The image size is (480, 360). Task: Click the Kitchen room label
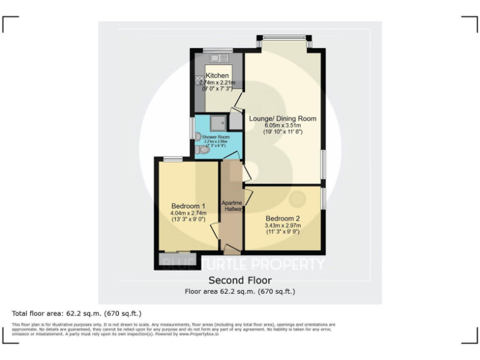(217, 76)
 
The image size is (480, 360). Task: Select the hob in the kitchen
(199, 80)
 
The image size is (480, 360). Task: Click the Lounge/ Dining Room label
(282, 118)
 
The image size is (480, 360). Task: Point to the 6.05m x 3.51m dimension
(282, 125)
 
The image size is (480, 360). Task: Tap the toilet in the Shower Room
(203, 151)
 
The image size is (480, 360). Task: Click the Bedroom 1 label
(188, 206)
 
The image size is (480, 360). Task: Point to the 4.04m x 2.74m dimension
(188, 213)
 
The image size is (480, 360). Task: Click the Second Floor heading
(239, 280)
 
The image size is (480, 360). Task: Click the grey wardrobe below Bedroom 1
(177, 258)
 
